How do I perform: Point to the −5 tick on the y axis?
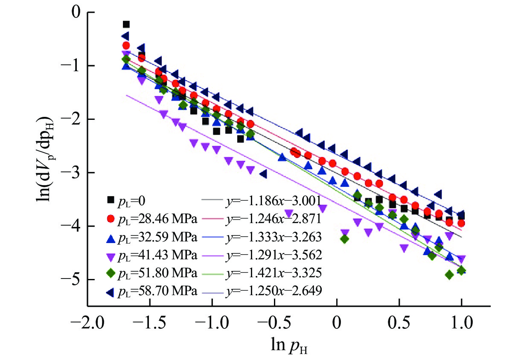tap(73, 279)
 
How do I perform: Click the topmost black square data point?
tap(126, 24)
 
